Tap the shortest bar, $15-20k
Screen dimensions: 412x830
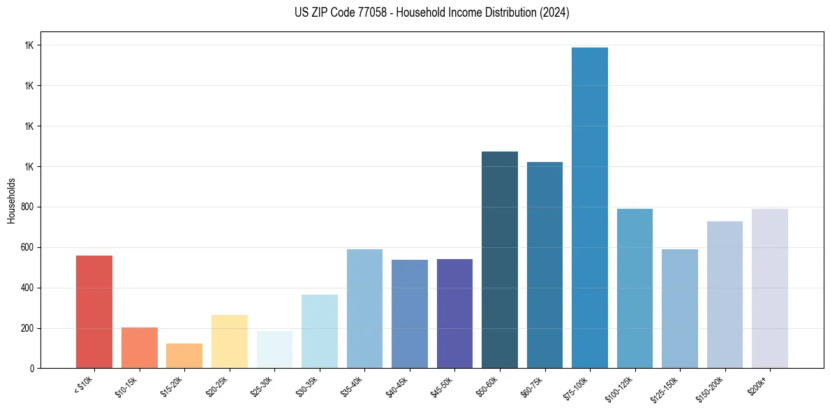[184, 355]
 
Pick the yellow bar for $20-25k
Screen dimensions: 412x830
[229, 341]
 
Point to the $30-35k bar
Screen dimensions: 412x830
[319, 331]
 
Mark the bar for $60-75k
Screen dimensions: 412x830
[544, 265]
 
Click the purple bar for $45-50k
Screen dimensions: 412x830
[454, 314]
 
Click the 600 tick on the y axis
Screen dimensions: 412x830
[29, 247]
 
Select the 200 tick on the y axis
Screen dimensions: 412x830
[29, 328]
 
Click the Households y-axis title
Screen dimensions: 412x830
[12, 200]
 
